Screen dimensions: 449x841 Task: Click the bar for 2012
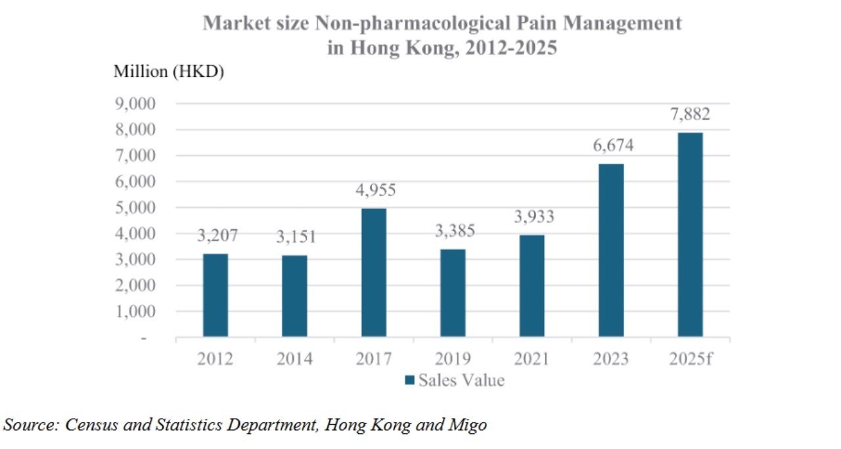click(216, 295)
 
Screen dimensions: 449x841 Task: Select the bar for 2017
click(374, 272)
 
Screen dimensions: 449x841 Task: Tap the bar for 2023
click(611, 250)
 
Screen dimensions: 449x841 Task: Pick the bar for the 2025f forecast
click(690, 235)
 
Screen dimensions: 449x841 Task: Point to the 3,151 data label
click(296, 237)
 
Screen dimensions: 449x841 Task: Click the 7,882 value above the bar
click(690, 114)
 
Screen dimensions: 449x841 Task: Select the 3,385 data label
click(454, 231)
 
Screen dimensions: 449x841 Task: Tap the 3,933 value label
click(533, 217)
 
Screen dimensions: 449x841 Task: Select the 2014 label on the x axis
click(294, 359)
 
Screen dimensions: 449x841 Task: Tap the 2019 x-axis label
click(453, 359)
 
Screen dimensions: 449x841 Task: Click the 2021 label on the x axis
click(532, 359)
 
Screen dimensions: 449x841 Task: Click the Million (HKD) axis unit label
click(169, 72)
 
